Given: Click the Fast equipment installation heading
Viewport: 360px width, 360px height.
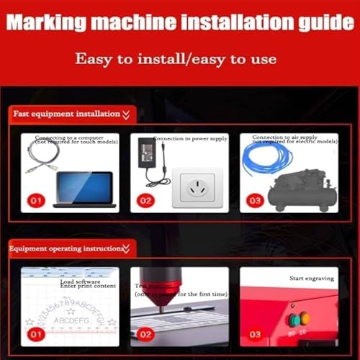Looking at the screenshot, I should tap(66, 114).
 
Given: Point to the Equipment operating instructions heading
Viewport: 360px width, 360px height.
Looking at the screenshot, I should tap(65, 249).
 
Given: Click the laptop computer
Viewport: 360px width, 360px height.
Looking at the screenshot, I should tap(83, 189).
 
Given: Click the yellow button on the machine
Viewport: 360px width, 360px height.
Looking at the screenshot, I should tap(305, 319).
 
